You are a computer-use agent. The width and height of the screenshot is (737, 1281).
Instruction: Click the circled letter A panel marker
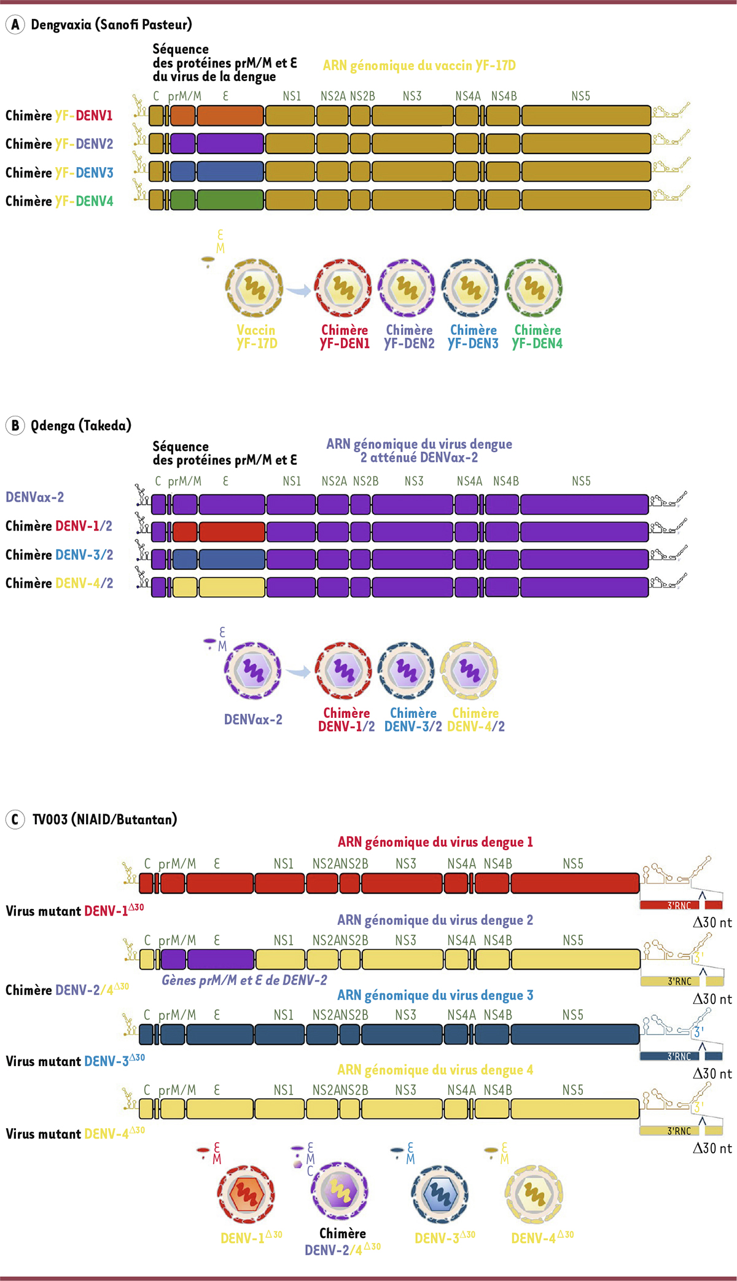[15, 25]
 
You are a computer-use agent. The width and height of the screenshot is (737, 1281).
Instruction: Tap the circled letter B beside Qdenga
[15, 426]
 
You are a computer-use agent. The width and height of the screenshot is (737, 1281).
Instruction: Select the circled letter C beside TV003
[15, 819]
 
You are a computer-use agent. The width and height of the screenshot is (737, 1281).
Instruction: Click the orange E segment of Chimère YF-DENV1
[230, 115]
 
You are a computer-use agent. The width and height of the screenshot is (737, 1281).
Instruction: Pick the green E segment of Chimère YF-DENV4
[230, 200]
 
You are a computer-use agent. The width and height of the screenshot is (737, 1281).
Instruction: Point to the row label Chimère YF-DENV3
[60, 173]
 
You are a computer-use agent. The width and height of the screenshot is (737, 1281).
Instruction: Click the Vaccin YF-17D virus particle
[254, 287]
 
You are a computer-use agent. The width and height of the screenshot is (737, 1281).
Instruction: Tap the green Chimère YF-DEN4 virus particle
[534, 287]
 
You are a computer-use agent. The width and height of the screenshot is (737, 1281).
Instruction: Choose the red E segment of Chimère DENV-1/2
[232, 532]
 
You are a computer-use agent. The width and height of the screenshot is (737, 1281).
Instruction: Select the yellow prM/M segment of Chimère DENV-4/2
[185, 587]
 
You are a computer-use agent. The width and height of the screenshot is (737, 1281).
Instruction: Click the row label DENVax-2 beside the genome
[35, 497]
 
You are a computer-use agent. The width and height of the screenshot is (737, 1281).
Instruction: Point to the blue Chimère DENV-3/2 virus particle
[406, 671]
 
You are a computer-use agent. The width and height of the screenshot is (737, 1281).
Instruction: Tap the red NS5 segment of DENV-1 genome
[575, 883]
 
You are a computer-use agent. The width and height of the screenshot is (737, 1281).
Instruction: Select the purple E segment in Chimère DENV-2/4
[220, 959]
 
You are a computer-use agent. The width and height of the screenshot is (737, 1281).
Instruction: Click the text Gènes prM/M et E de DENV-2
[244, 980]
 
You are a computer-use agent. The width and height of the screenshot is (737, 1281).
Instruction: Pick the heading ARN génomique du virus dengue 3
[435, 995]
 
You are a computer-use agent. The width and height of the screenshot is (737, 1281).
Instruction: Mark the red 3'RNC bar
[670, 905]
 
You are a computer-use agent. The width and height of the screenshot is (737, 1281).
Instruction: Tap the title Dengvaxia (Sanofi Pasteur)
[111, 25]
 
